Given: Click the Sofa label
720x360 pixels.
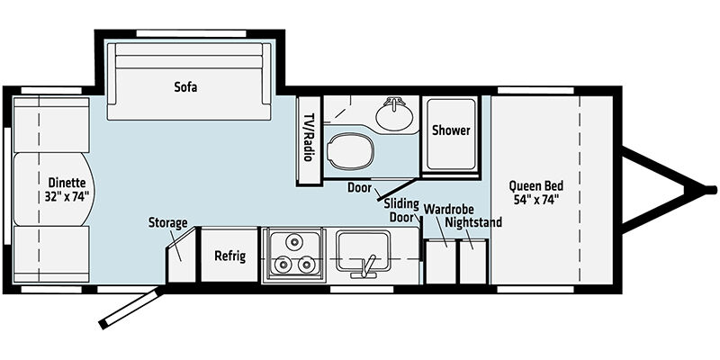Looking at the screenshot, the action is click(x=185, y=86).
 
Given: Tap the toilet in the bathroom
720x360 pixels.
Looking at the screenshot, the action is click(x=349, y=150).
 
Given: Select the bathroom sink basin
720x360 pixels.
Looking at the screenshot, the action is click(x=394, y=113).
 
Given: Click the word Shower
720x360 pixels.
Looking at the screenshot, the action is click(x=451, y=130).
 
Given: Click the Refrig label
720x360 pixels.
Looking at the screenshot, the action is click(x=230, y=256).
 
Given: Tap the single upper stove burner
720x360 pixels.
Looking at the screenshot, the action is click(x=292, y=240).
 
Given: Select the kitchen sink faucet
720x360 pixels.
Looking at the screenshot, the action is click(x=365, y=266).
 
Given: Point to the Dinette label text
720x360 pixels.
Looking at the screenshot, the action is click(x=67, y=183).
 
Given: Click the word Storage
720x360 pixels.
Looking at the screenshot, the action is click(x=167, y=223).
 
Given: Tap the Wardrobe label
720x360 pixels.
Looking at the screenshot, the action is click(x=448, y=210).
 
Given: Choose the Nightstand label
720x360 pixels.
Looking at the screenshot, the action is click(x=474, y=222).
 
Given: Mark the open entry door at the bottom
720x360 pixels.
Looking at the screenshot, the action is click(x=130, y=308).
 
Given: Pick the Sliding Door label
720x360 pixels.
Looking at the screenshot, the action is click(x=401, y=211).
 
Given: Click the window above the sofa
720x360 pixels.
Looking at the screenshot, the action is click(x=192, y=33).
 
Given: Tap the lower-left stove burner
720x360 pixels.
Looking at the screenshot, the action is click(x=280, y=264).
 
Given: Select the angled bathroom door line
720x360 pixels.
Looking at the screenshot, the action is click(x=397, y=189).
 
